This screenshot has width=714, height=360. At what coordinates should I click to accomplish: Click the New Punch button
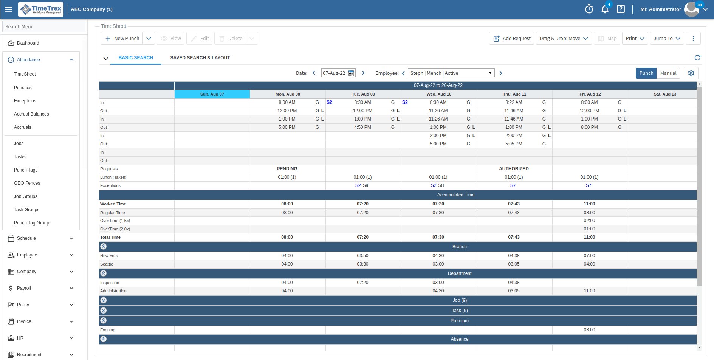pos(122,39)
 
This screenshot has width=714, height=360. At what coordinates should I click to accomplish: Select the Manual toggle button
pos(668,73)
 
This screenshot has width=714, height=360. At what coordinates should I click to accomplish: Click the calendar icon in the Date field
pos(351,73)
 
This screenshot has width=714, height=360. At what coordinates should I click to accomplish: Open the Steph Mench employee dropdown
pos(451,73)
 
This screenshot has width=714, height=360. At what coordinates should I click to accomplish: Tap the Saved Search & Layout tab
pos(200,58)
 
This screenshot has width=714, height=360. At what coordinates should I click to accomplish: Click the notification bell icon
pos(605,9)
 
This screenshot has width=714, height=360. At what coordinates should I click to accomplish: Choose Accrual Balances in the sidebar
pos(31,114)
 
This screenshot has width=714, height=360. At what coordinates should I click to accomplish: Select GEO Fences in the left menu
pos(27,183)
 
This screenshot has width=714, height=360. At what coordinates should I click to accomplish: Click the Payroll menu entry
pos(24,288)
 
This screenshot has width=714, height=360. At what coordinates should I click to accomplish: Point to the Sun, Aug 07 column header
pos(212,94)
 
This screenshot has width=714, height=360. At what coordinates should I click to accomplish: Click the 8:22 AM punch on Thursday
pos(514,102)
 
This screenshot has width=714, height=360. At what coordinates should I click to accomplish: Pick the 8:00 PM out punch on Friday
pos(589,127)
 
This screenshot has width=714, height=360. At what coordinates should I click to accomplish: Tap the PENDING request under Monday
pos(287,169)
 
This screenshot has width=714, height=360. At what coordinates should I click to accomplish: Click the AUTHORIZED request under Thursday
pos(514,169)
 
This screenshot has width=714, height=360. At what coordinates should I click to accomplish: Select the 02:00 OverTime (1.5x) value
pos(589,221)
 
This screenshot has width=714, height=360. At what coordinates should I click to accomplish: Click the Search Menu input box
pos(44,27)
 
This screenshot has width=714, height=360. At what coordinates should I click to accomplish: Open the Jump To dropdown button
pos(667,39)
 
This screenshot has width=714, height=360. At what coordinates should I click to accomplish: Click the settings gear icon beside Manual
pos(691,73)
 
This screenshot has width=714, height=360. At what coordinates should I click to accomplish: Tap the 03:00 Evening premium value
pos(589,330)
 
